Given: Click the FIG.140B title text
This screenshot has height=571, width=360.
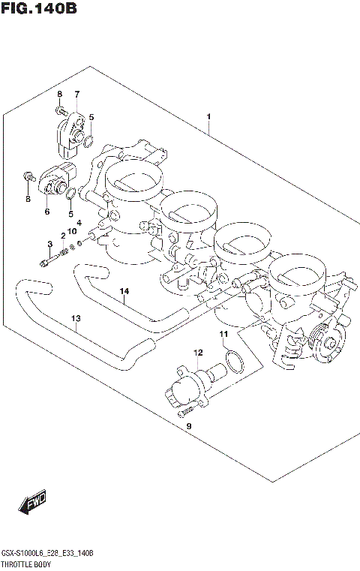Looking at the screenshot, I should click(39, 9).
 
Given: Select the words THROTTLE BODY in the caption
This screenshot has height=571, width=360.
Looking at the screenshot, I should click(26, 563).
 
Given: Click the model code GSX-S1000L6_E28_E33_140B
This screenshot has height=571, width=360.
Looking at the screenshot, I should click(46, 552).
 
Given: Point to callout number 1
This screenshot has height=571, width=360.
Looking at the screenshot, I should click(208, 117).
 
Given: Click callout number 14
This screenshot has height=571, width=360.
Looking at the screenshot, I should click(124, 291).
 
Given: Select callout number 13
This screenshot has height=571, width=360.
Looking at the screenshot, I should click(75, 319).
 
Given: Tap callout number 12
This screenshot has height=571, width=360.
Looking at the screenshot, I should click(197, 352).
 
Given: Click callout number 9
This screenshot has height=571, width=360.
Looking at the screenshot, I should click(188, 426).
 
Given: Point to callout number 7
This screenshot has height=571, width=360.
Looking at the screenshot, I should click(76, 94).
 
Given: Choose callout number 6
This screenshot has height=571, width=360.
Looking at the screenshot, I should click(46, 212).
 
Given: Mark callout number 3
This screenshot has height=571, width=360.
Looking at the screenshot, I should click(50, 245).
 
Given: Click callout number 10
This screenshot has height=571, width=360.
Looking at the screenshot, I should click(73, 231).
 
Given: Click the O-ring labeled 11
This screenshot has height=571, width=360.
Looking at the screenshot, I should click(235, 361).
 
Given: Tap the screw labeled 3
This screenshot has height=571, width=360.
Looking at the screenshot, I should click(46, 262).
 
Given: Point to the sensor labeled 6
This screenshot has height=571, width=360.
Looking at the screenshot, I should click(56, 180).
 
